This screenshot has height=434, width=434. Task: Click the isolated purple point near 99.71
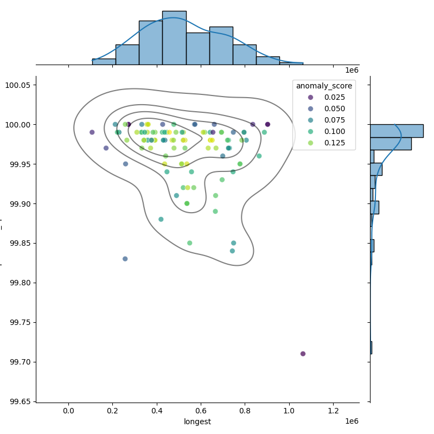303,354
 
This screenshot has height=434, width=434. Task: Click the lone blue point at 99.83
125,259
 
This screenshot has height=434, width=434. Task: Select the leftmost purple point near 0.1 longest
92,132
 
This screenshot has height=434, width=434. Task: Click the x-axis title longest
197,422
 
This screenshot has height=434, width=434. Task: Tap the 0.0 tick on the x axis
68,411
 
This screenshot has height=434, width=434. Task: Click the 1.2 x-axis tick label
333,411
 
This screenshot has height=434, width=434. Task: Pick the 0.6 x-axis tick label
201,411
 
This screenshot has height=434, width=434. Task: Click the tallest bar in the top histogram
174,38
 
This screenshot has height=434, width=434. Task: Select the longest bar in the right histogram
396,131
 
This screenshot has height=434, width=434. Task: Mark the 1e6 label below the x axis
352,422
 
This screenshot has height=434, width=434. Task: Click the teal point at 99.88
161,219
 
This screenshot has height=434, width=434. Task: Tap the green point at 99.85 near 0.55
189,243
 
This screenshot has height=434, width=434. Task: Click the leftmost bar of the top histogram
104,61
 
